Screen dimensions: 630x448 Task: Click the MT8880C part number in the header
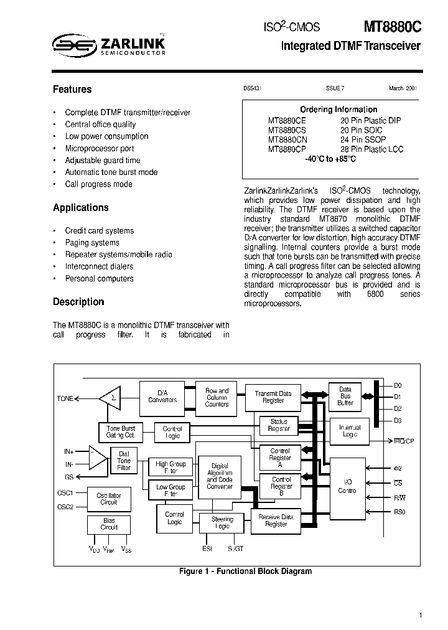point(392,27)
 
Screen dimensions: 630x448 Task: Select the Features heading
point(72,90)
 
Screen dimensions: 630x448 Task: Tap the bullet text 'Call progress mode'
point(98,184)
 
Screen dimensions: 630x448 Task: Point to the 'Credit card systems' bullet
point(99,231)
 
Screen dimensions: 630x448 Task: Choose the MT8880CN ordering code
point(287,140)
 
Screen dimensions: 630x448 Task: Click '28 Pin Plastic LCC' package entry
point(371,149)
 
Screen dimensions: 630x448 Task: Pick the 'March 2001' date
point(403,89)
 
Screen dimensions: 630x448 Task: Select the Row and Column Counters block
point(217,397)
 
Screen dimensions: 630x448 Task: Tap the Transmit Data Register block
point(273,397)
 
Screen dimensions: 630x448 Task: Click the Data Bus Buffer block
point(345,396)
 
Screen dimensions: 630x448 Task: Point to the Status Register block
point(279,425)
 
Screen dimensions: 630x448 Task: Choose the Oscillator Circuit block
point(109,499)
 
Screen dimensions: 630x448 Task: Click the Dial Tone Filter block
point(124,461)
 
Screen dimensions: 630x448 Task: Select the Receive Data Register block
point(276,520)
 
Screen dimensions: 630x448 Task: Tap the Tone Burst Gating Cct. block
point(121,431)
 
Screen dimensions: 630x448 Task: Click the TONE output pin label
point(65,398)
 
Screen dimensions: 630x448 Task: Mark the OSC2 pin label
point(65,506)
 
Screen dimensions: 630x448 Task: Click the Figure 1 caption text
point(245,571)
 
